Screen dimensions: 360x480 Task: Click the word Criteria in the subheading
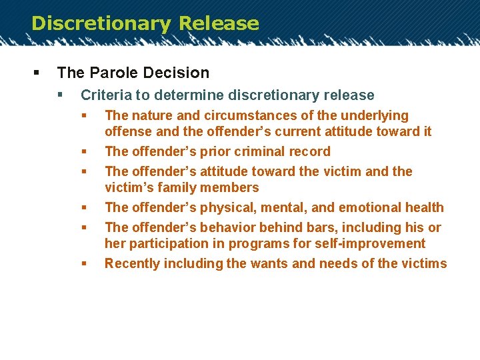[x=105, y=95]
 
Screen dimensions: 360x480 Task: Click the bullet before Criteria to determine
[x=61, y=95]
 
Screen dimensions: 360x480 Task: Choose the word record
[x=309, y=151]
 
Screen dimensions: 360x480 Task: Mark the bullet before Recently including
[x=85, y=263]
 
